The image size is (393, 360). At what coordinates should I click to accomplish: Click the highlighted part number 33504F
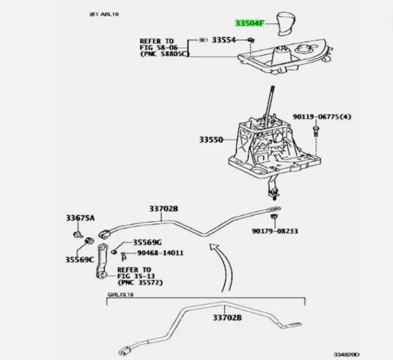(x=250, y=24)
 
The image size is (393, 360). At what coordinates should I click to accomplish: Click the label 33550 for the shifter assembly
(x=211, y=140)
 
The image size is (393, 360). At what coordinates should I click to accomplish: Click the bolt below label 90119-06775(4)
(x=315, y=129)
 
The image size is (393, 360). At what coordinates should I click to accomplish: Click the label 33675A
(x=80, y=218)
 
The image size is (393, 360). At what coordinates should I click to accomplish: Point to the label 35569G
(x=147, y=242)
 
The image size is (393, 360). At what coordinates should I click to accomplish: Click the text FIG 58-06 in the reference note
(x=156, y=47)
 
